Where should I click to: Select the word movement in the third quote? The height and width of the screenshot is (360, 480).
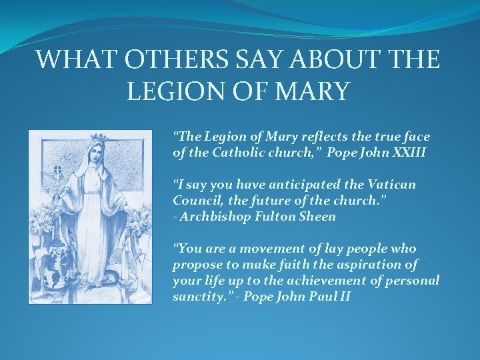click(x=256, y=249)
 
